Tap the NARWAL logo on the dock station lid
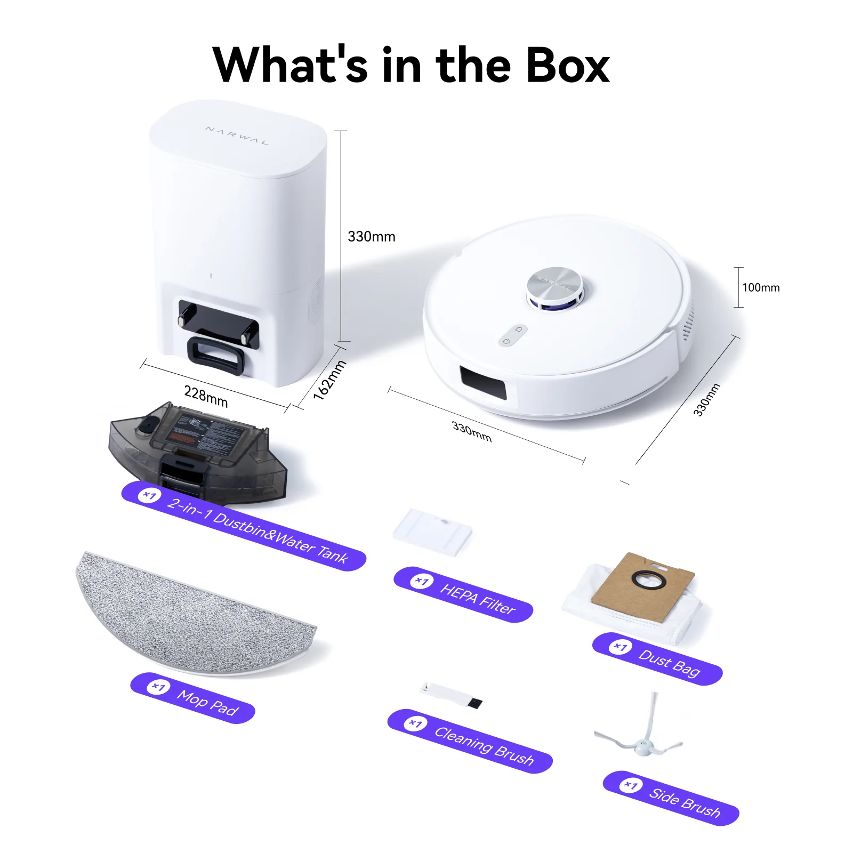[x=237, y=135]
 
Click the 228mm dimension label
[x=206, y=396]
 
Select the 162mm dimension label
[x=329, y=380]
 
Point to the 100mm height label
[x=761, y=287]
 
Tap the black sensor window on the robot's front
[x=483, y=382]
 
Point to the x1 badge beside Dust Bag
[x=621, y=647]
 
